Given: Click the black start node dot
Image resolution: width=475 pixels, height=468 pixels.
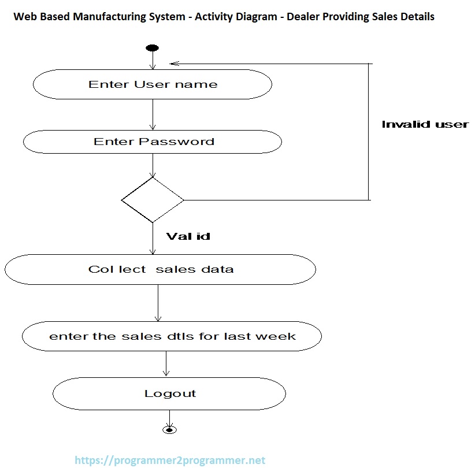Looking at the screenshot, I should pyautogui.click(x=153, y=48).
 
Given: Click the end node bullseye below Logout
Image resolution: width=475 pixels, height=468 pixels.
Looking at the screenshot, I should pyautogui.click(x=169, y=429).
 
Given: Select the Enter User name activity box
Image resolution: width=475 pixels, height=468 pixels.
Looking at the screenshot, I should pyautogui.click(x=153, y=85).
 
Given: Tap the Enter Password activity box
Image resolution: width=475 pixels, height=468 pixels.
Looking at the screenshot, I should pyautogui.click(x=153, y=142).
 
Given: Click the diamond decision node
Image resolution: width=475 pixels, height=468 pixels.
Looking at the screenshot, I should pyautogui.click(x=153, y=200).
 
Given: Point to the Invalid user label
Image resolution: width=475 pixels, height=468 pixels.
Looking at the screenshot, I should pyautogui.click(x=425, y=124).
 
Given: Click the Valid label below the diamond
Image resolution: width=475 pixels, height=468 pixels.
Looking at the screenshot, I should pyautogui.click(x=188, y=236).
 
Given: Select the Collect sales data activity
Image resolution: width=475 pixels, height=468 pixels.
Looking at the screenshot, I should pyautogui.click(x=160, y=269).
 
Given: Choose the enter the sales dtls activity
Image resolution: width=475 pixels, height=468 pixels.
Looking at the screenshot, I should pyautogui.click(x=172, y=336).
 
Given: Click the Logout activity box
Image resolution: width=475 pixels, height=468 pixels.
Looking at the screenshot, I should pyautogui.click(x=169, y=394).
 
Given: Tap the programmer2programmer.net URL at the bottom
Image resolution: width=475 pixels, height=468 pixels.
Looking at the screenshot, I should pyautogui.click(x=170, y=460).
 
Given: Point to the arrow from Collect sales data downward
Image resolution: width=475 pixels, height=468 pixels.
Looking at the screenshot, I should pyautogui.click(x=158, y=303).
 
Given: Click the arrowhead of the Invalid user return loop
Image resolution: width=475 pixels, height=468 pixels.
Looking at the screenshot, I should pyautogui.click(x=174, y=64).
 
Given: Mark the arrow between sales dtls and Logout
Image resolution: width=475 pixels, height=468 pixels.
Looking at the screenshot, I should pyautogui.click(x=166, y=364).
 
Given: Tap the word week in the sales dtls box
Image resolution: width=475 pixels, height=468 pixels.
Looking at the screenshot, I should pyautogui.click(x=277, y=336).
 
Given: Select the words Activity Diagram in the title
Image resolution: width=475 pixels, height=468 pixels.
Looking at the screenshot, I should pyautogui.click(x=236, y=17).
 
